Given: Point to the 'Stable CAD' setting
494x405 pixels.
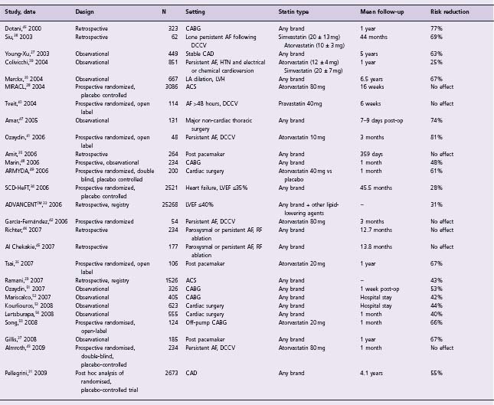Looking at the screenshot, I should [x=202, y=54].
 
